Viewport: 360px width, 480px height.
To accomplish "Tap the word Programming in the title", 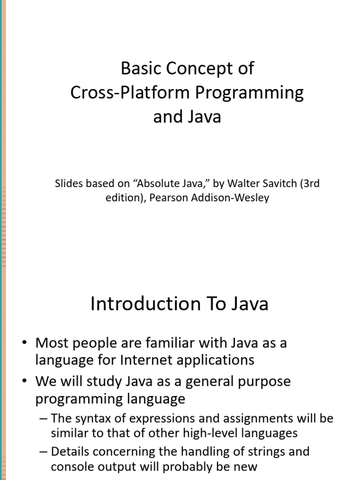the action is [x=249, y=93].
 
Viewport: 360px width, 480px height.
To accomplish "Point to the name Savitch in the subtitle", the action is [x=278, y=183].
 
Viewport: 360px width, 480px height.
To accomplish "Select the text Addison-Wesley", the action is [x=230, y=198].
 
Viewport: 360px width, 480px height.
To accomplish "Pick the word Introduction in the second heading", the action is [x=145, y=304].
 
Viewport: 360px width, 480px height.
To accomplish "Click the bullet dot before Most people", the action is [x=25, y=342].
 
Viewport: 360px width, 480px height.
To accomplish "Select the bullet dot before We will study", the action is [x=25, y=381].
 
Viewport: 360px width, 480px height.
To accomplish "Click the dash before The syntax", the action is [x=44, y=419].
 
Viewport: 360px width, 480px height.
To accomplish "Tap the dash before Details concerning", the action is [x=44, y=452].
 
